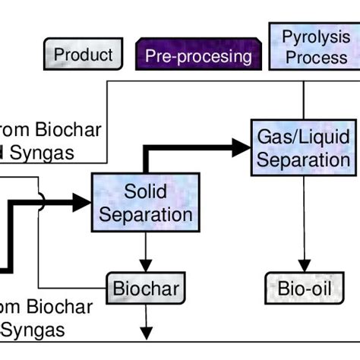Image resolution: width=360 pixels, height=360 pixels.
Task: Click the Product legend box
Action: pyautogui.click(x=83, y=55)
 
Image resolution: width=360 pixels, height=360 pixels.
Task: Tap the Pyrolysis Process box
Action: pyautogui.click(x=313, y=46)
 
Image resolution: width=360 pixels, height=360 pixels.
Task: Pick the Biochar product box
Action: pyautogui.click(x=145, y=288)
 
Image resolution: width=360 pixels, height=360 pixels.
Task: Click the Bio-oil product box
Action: pyautogui.click(x=303, y=288)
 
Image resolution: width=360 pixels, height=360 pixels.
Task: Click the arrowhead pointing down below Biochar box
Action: pyautogui.click(x=145, y=333)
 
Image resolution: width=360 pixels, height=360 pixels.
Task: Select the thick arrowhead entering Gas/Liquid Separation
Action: pyautogui.click(x=242, y=147)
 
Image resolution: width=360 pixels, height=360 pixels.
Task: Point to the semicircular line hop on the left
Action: pyautogui.click(x=41, y=201)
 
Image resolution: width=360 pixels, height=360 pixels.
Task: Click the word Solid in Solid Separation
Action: pyautogui.click(x=146, y=191)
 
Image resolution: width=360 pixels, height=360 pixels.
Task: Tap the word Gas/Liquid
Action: pyautogui.click(x=303, y=137)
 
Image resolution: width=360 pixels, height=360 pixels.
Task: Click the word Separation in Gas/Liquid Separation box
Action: pyautogui.click(x=303, y=160)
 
